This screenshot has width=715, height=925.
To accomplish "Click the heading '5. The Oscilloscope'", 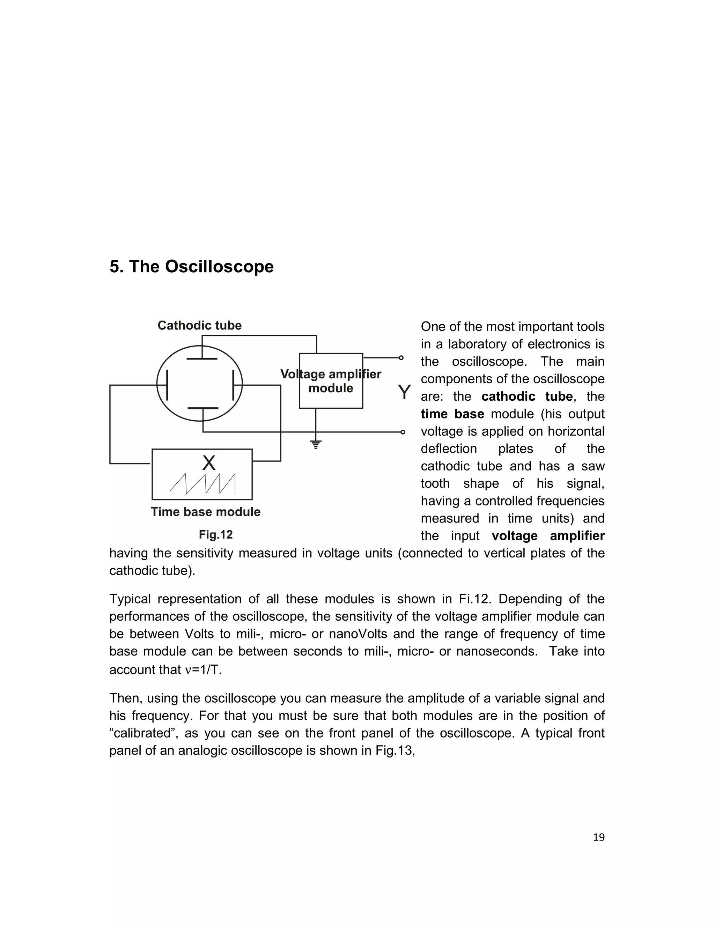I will click(x=191, y=267).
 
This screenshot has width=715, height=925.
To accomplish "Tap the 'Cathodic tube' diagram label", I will click(x=199, y=325).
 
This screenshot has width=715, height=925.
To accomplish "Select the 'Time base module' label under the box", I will click(x=205, y=512).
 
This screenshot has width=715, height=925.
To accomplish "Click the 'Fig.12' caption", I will click(x=216, y=534).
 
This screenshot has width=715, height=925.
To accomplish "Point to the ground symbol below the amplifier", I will click(x=316, y=444).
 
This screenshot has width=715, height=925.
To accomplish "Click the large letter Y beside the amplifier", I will click(x=404, y=393).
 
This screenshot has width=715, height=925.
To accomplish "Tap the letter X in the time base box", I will click(x=208, y=463).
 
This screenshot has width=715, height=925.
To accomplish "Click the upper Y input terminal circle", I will click(x=401, y=358).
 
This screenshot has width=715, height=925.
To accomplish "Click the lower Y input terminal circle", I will click(x=403, y=432).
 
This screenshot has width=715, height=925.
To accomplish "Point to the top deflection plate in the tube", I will click(x=202, y=359).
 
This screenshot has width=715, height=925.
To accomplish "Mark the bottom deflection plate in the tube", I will click(x=203, y=408).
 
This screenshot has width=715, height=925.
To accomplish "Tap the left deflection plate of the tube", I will click(x=168, y=385).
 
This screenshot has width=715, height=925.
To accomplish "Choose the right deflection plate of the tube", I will click(x=234, y=385).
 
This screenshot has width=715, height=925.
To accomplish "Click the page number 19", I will click(x=598, y=837).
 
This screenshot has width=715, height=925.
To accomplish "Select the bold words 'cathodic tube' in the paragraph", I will click(x=526, y=397).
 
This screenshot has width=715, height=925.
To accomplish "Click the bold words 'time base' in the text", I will click(x=452, y=414).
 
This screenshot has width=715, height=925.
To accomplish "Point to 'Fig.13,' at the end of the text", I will click(x=395, y=750).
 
